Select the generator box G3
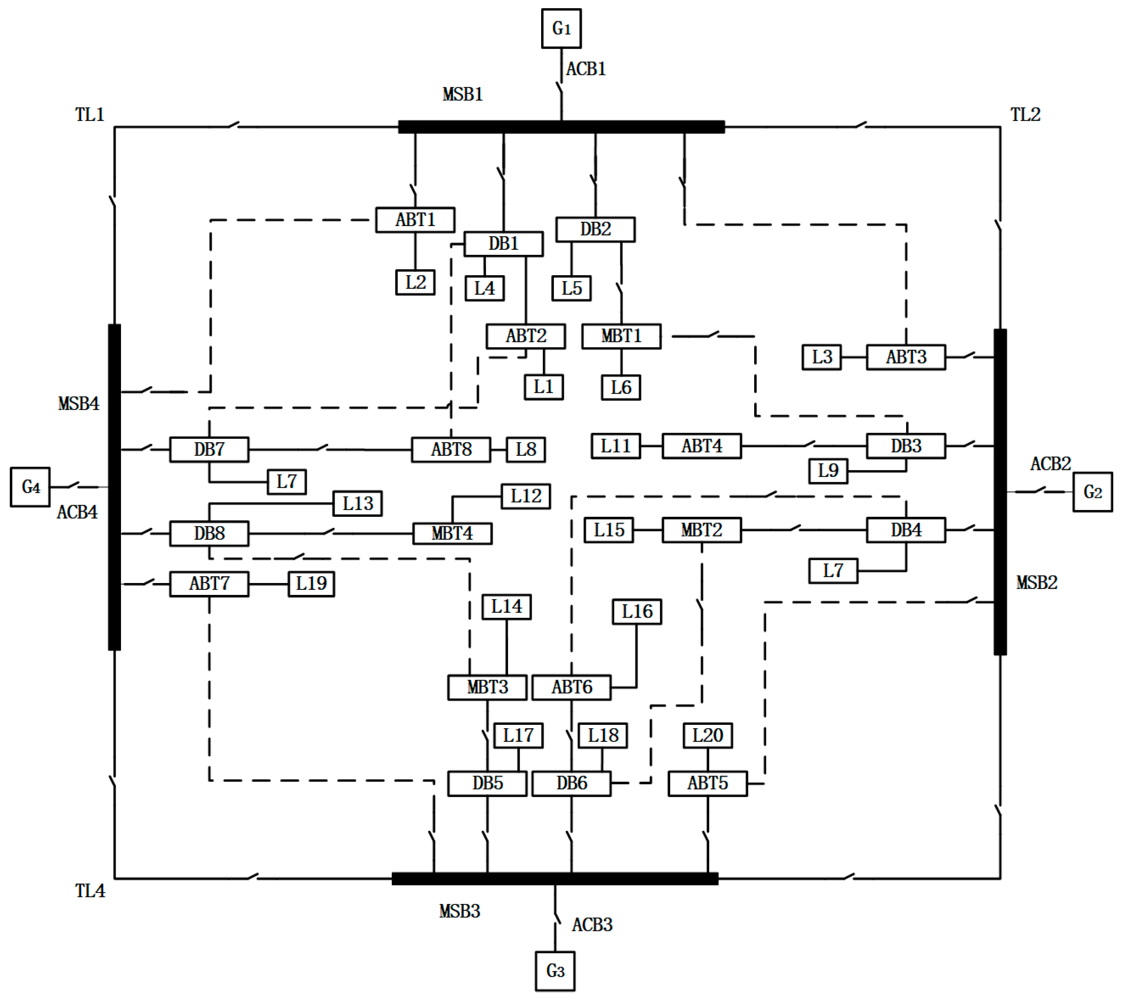pos(555,971)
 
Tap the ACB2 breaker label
pos(1050,464)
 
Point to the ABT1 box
pos(415,220)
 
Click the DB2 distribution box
pos(595,229)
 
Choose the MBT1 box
pos(621,336)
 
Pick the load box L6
pos(620,387)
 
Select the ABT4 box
pos(701,446)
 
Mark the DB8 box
pos(209,533)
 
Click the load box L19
pos(311,583)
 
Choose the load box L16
pos(636,612)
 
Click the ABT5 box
pos(707,783)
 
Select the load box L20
pos(707,735)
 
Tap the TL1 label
pos(90,114)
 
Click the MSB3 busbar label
pos(460,911)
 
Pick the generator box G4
pos(30,487)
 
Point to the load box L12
pos(525,496)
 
